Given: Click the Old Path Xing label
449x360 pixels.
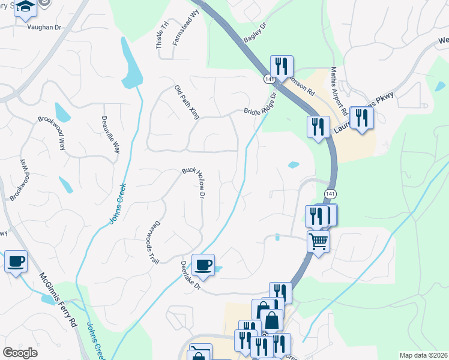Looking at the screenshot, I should pos(187,103).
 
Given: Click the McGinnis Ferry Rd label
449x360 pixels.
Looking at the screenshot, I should pos(58,299).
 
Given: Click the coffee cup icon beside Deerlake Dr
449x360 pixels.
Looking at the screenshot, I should pos(203,263).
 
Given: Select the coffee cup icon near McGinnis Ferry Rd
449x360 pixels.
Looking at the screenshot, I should pos(16,260).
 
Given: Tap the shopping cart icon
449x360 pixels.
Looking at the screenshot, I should pos(318,241).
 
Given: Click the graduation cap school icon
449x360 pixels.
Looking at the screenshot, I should pos(25,7).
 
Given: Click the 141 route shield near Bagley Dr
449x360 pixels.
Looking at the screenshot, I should pos(268,79).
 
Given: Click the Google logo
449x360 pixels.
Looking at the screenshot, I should pos(20,353).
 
